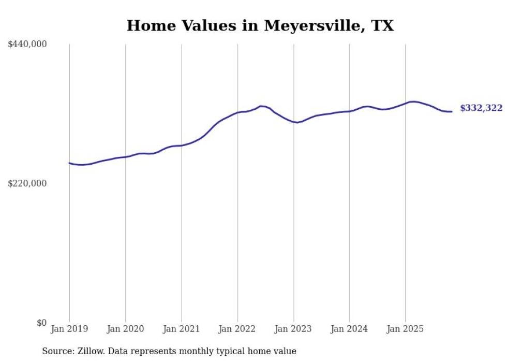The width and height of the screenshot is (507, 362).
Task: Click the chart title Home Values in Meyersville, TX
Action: coord(260,25)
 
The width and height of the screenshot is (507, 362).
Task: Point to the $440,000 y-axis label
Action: coord(27,45)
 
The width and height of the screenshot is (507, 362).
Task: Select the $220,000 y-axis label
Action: coord(27,183)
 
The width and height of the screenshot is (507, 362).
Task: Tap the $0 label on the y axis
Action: coord(41,323)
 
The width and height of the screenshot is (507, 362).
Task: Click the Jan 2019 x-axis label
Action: coord(69,329)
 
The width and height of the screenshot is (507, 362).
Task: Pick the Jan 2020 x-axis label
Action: coord(125,329)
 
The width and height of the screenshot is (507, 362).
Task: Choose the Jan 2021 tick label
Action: coord(181,329)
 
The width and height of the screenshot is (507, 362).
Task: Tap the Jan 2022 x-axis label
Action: coord(237,329)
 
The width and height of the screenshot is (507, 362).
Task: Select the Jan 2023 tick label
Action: coord(293,329)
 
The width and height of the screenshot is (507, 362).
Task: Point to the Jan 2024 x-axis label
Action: coord(349,329)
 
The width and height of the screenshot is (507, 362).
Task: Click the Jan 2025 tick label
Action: coord(405,329)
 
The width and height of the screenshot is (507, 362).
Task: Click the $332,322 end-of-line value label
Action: coord(481,108)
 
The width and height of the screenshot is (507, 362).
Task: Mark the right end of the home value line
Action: coord(452,111)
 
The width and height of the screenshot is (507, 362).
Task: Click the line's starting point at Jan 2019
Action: coord(69,163)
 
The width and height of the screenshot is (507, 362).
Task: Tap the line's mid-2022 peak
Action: coord(261,106)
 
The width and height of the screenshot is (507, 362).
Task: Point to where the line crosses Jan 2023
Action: coord(293,122)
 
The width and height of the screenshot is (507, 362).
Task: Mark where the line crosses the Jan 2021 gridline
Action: coord(182,146)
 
